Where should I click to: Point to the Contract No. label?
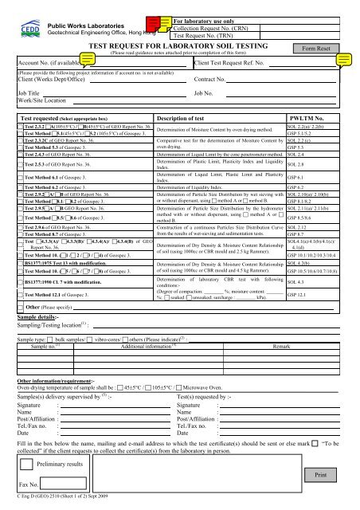(212, 81)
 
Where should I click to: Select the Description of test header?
(188, 116)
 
